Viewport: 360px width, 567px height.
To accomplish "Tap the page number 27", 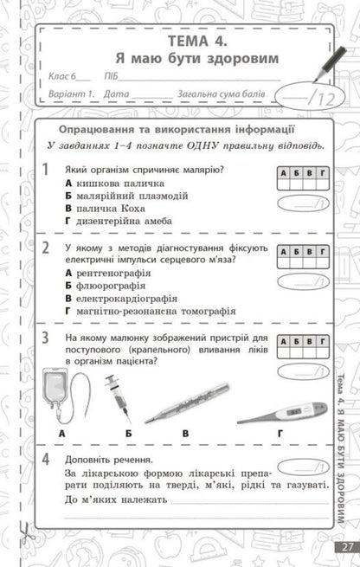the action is click(x=347, y=546).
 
